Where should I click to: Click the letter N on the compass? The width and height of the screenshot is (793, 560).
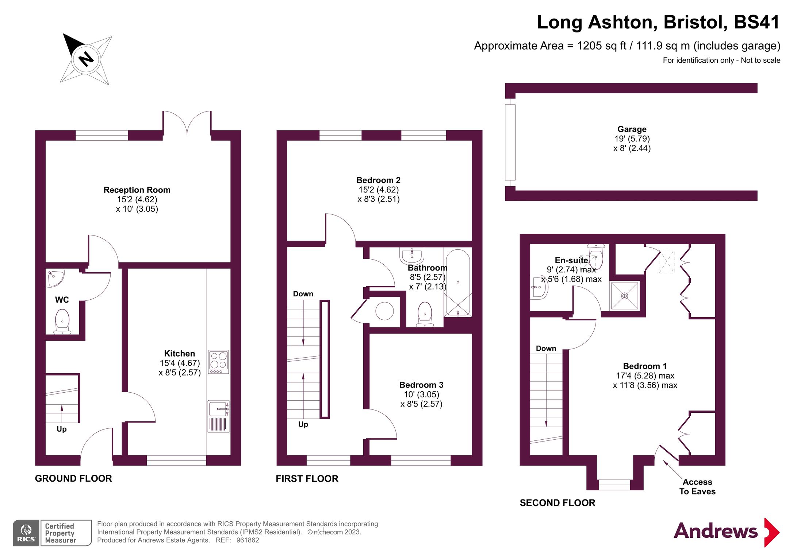(x=86, y=59)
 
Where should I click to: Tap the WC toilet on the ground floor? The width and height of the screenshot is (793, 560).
(x=62, y=321)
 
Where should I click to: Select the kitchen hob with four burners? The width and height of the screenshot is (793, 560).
(x=219, y=362)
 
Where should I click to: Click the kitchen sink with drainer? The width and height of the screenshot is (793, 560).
(x=219, y=416)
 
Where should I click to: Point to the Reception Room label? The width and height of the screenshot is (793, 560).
(x=137, y=190)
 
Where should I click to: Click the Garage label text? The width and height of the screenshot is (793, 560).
(x=632, y=129)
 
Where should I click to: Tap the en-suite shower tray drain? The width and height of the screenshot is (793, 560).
(x=624, y=296)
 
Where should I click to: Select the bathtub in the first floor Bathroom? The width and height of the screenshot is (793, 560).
(x=458, y=283)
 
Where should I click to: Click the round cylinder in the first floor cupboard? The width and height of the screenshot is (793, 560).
(x=384, y=311)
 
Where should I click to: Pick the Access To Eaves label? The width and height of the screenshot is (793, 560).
(x=697, y=487)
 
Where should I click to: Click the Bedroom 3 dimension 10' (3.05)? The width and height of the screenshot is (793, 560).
(x=421, y=394)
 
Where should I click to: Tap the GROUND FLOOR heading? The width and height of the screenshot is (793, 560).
(x=73, y=478)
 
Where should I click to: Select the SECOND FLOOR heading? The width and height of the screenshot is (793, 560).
(x=557, y=503)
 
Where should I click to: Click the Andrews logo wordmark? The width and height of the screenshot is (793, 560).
(x=715, y=531)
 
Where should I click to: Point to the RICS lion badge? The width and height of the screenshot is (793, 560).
(x=26, y=533)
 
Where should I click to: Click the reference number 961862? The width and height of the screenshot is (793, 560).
(x=248, y=540)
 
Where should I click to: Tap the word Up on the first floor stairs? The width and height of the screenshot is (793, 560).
(x=303, y=424)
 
